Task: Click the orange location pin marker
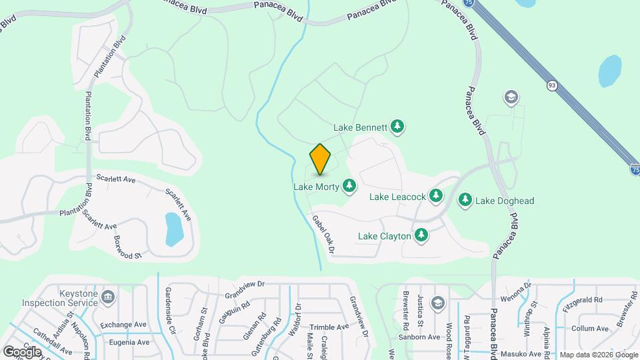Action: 321,159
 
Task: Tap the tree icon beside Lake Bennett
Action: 397,126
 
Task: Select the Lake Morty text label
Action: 317,187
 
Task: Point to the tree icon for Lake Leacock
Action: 436,196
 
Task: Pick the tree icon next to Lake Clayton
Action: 421,235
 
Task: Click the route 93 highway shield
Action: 552,85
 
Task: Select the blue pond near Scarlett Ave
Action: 173,228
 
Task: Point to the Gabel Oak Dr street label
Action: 322,234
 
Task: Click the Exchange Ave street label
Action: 123,325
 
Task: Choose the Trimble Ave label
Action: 329,327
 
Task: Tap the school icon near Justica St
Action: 437,303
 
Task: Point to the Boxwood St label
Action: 128,247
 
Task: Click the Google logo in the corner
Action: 21,351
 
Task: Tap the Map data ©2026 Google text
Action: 598,354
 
